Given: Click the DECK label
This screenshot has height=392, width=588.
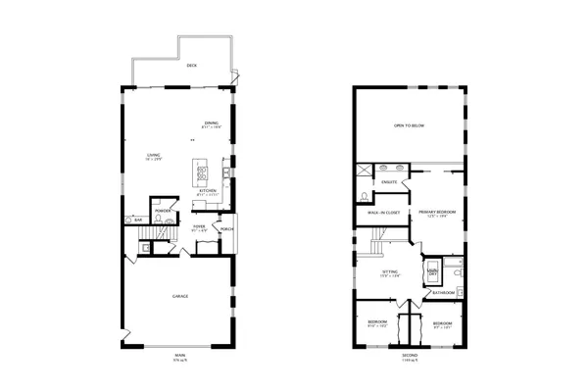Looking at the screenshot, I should (191, 66).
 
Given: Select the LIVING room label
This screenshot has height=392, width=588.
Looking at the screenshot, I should (154, 155).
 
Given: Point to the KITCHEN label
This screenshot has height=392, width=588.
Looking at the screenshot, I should (209, 190).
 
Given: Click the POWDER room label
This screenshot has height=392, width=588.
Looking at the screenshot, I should (164, 210).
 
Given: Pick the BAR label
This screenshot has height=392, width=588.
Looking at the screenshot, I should (138, 220).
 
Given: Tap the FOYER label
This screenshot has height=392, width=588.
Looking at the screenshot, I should (199, 226).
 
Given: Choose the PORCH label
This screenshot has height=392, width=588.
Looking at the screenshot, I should (226, 229).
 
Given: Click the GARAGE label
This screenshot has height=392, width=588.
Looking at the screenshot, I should (179, 296).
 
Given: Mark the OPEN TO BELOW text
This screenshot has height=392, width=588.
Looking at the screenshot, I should (409, 125).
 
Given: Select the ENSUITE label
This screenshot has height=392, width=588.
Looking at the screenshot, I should (389, 183).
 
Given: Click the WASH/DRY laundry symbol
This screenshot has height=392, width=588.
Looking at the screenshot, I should (431, 270).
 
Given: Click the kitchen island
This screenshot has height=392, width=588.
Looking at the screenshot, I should (201, 174).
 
